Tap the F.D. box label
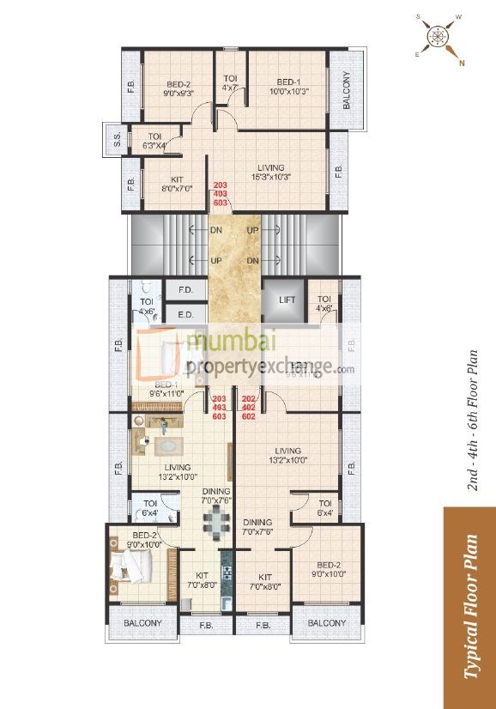185,290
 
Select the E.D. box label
185,315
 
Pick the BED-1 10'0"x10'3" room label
287,86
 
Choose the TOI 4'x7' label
230,82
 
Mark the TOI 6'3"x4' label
155,141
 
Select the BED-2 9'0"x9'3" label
178,89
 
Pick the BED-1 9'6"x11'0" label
167,389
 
